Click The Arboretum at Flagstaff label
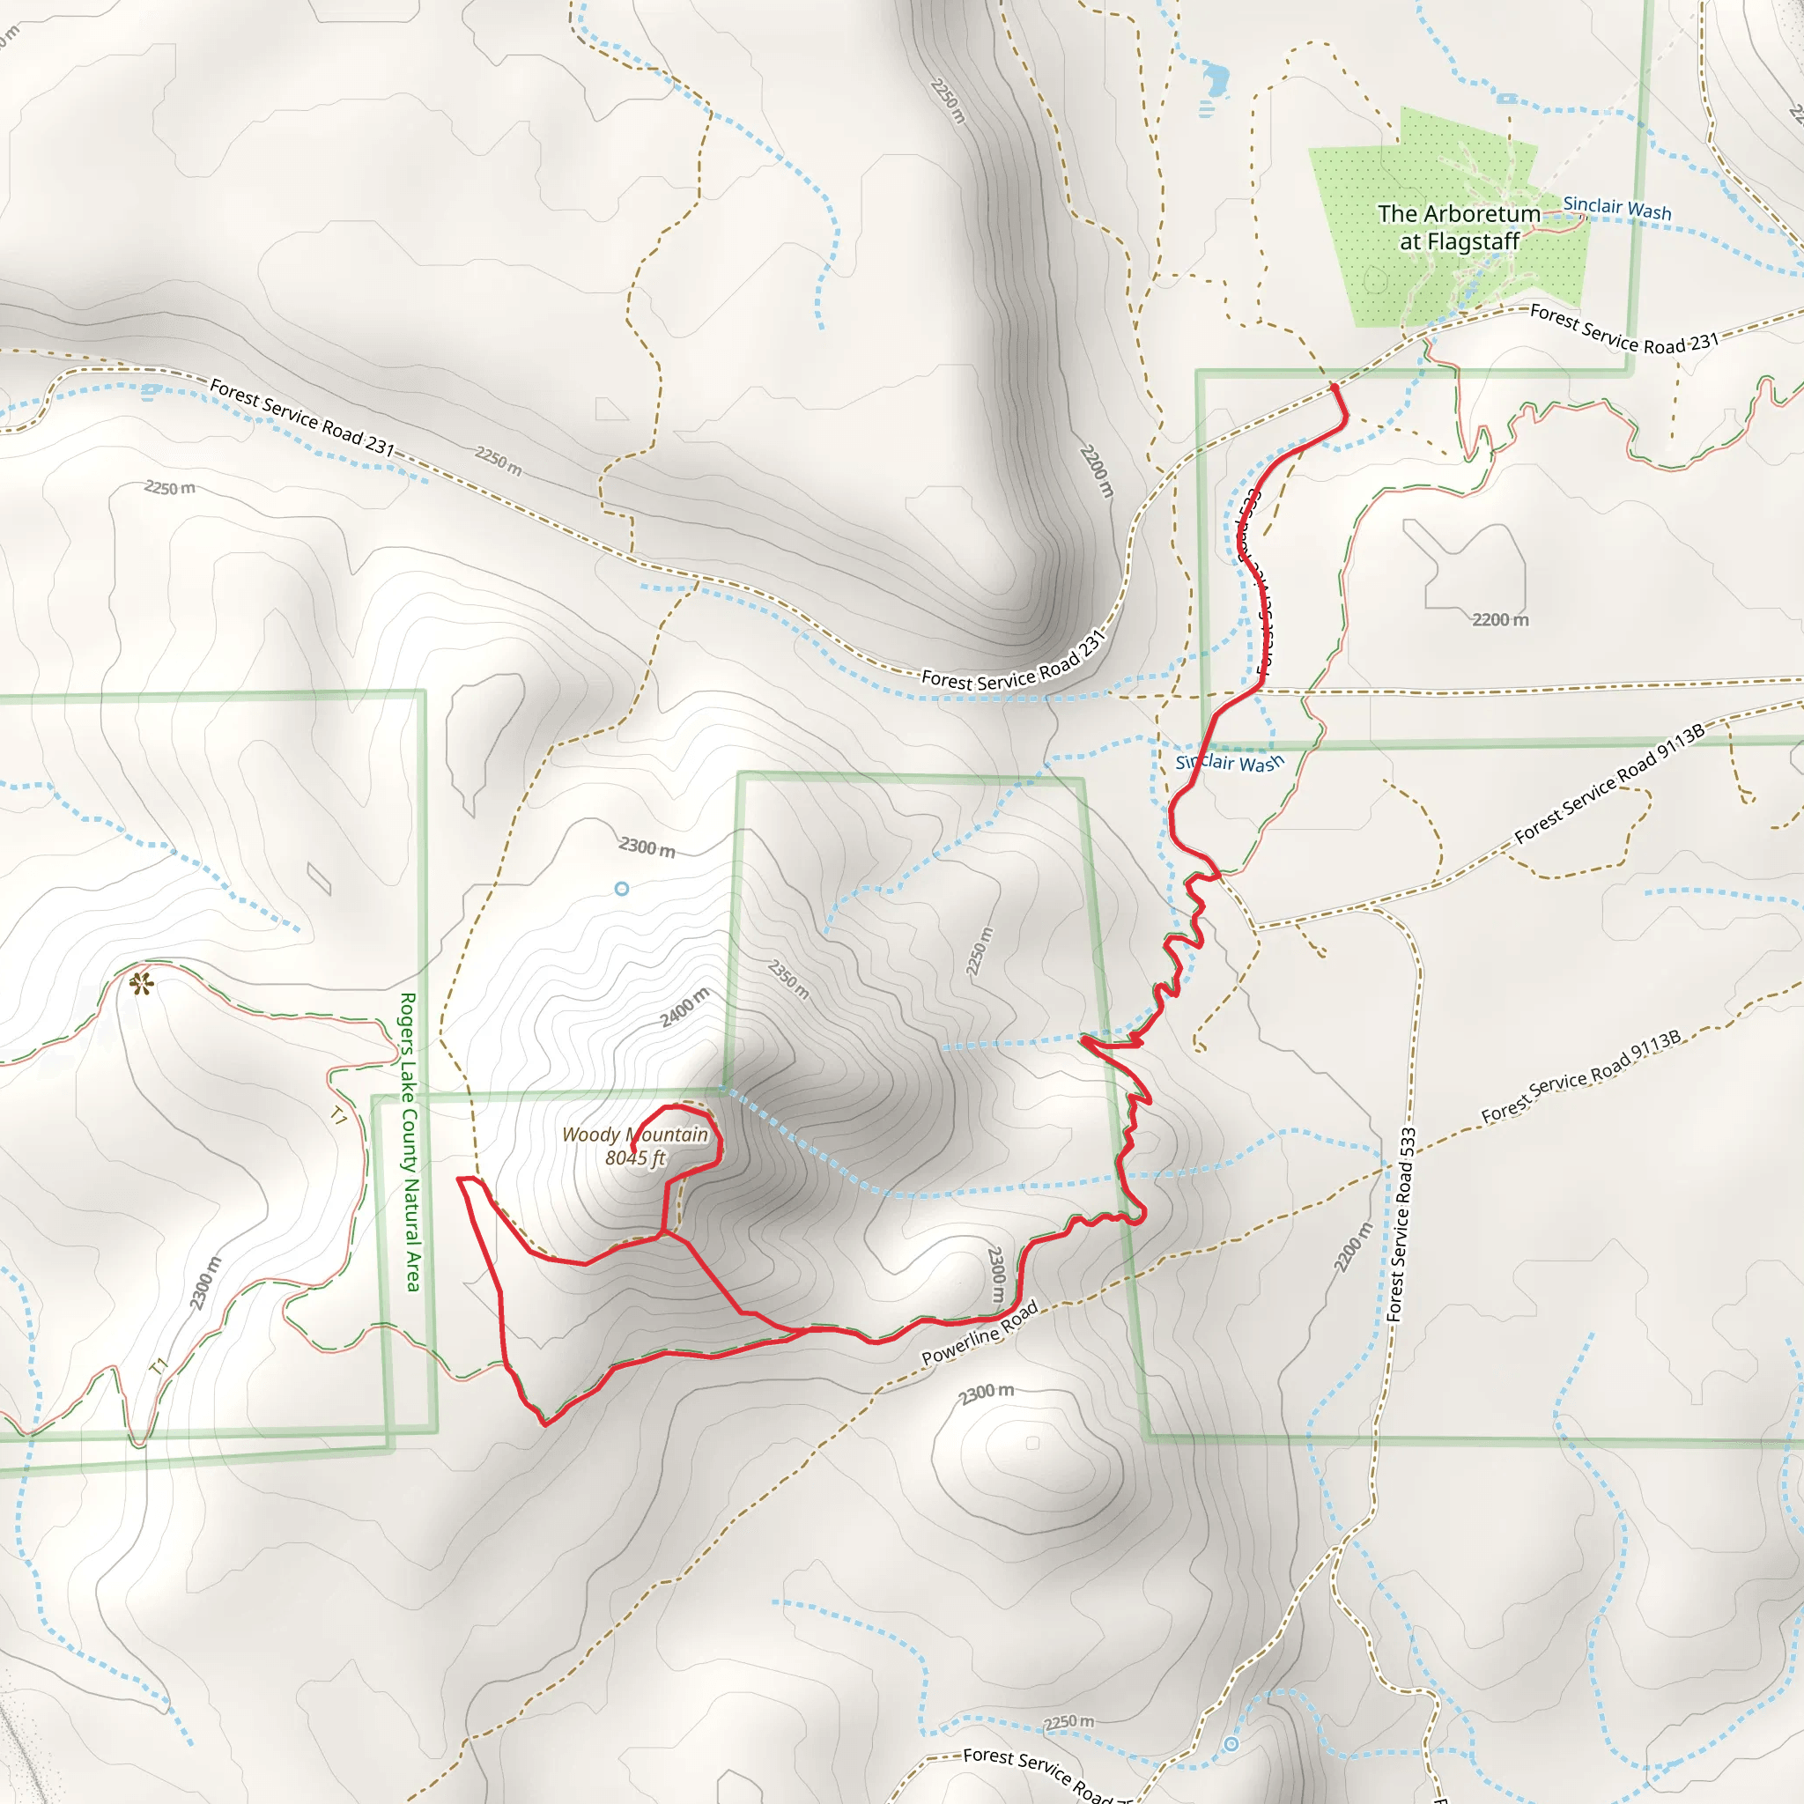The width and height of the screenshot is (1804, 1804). [x=1459, y=227]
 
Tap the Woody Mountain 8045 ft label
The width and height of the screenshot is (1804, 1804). [x=635, y=1146]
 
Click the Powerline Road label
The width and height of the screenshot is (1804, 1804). [x=980, y=1333]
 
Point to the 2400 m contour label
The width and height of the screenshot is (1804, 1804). [x=684, y=1007]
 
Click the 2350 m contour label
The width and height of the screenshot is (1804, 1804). [x=789, y=979]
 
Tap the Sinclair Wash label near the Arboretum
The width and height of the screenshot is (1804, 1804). [x=1617, y=208]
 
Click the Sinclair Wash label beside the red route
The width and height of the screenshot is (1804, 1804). [x=1230, y=763]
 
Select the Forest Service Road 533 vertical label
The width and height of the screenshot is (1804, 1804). [x=1401, y=1224]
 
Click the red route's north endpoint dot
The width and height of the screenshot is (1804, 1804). [x=1335, y=387]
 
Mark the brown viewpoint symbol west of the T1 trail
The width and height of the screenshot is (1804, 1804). [x=141, y=983]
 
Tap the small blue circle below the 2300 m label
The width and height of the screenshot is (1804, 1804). [x=622, y=889]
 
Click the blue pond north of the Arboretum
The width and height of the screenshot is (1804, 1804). [x=1216, y=79]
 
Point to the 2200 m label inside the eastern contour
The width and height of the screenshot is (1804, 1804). [x=1500, y=620]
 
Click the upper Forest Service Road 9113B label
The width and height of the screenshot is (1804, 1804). [x=1610, y=783]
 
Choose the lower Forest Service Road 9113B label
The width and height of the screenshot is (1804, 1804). [x=1581, y=1076]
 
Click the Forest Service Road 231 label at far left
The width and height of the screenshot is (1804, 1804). [x=301, y=417]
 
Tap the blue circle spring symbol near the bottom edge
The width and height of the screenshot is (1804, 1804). [x=1231, y=1744]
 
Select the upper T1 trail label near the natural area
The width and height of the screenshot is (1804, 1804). [x=339, y=1115]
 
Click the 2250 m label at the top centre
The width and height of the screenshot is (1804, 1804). [x=948, y=100]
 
